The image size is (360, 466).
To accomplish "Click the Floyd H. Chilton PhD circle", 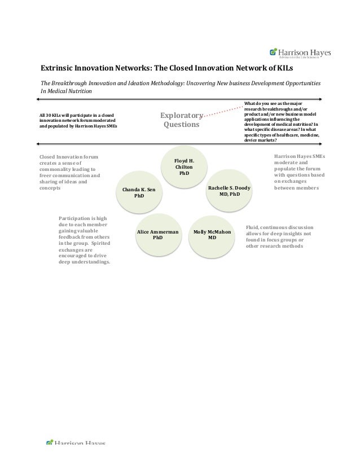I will pyautogui.click(x=185, y=168).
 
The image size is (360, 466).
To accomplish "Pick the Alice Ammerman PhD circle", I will pyautogui.click(x=158, y=235).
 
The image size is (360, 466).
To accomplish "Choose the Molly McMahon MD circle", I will pyautogui.click(x=212, y=235).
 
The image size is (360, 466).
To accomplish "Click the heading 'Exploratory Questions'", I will pyautogui.click(x=181, y=120).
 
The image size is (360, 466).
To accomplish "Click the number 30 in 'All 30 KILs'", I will pyautogui.click(x=48, y=116).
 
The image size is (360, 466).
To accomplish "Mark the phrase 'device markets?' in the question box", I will pyautogui.click(x=260, y=140).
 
